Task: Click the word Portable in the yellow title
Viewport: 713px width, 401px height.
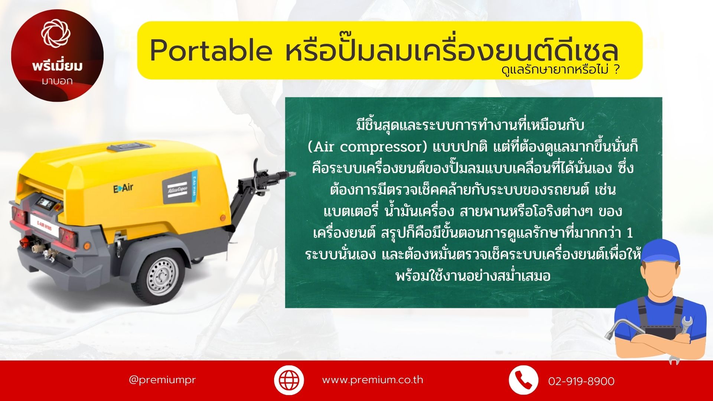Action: pos(211,50)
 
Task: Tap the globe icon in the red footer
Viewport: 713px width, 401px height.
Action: pos(289,380)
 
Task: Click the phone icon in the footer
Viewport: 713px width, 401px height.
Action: pos(523,380)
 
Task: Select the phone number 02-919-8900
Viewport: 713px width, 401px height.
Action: pos(581,381)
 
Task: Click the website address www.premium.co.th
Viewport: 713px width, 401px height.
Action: pos(372,380)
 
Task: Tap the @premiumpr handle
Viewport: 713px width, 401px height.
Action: pos(162,380)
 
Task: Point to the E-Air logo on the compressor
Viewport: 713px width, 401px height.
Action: pos(123,188)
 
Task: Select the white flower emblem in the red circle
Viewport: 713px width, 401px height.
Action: pos(56,34)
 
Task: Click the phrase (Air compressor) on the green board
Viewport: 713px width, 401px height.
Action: pos(368,147)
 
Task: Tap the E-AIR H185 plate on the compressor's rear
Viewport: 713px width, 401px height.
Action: pos(44,226)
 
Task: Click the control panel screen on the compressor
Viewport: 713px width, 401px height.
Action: pos(46,203)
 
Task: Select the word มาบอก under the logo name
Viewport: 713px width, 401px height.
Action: pos(57,81)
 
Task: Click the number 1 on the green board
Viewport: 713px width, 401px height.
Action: pos(629,233)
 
